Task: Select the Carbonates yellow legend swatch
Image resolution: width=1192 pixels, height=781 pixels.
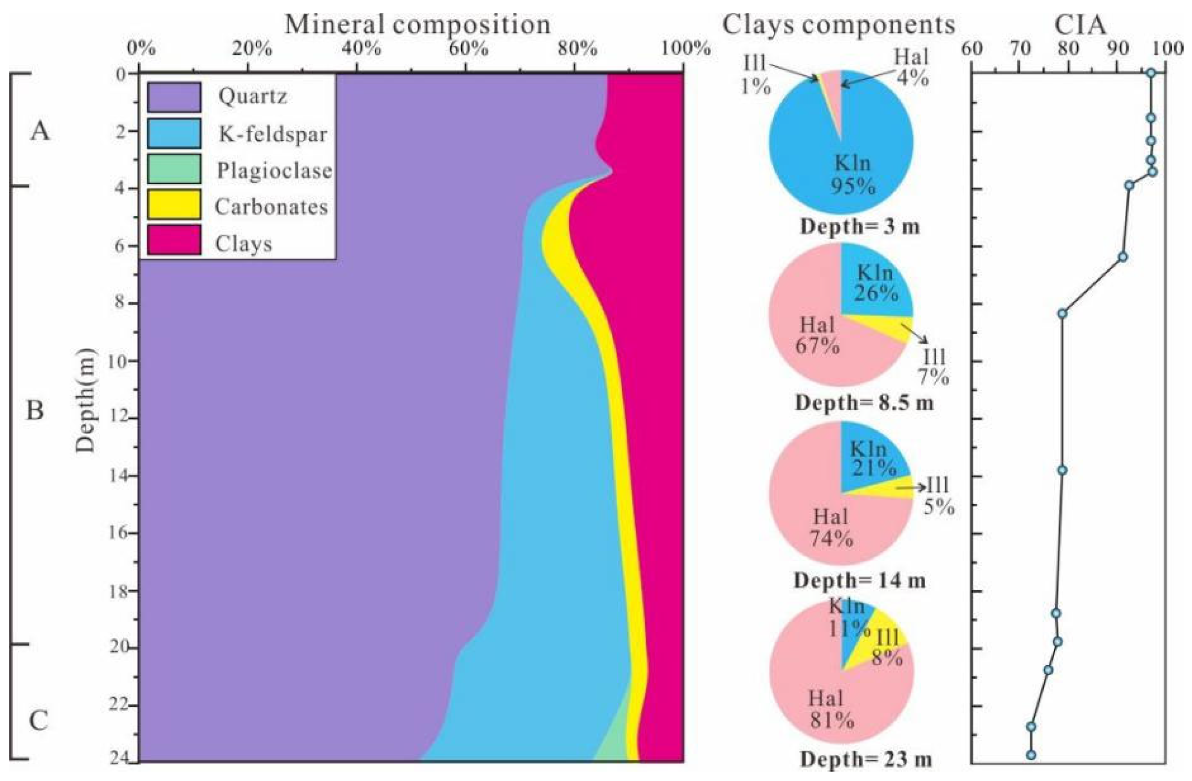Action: (174, 205)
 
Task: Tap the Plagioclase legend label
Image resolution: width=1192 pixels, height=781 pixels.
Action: (274, 171)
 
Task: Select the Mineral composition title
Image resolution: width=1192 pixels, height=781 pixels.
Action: (417, 24)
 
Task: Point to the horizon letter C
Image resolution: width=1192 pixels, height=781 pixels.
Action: (38, 722)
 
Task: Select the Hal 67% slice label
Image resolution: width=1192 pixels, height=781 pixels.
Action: (817, 335)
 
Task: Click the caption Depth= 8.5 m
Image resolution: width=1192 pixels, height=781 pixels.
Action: (864, 403)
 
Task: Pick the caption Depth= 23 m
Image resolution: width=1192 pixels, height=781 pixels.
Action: (866, 760)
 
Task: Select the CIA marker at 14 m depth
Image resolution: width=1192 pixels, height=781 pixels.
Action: (1062, 470)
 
